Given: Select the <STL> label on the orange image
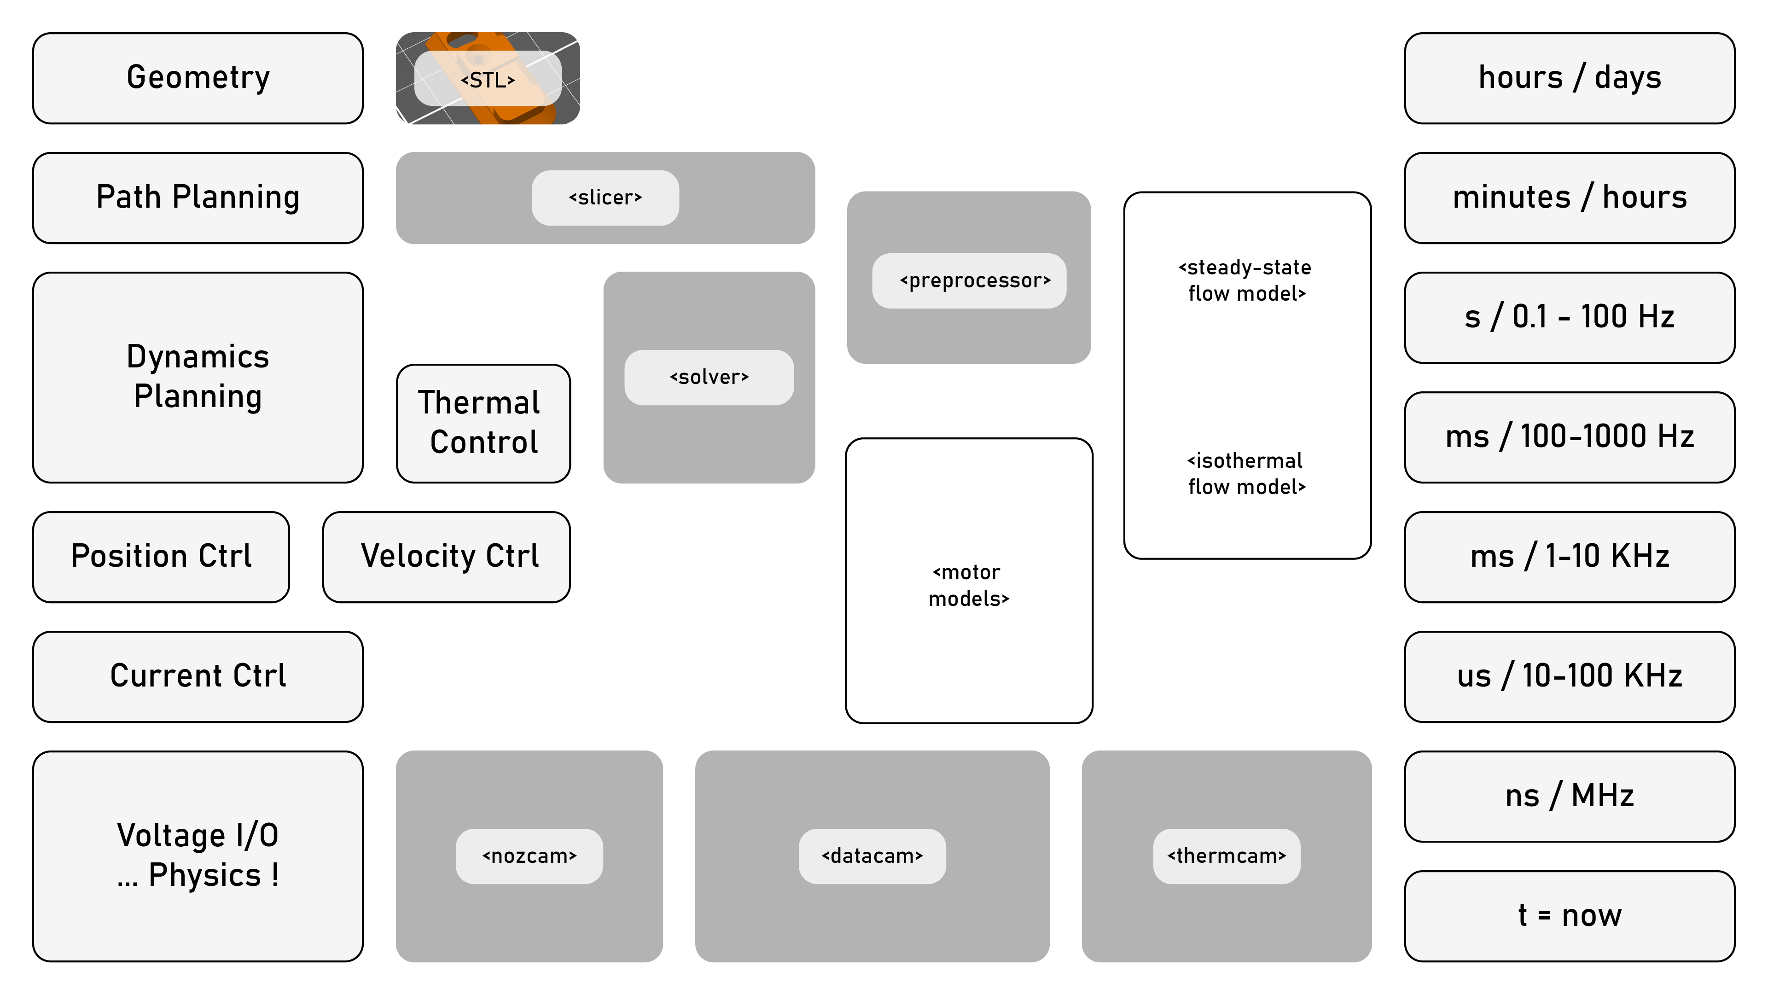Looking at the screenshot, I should [487, 80].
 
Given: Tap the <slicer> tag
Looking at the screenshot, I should [605, 198].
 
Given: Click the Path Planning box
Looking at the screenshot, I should [198, 198].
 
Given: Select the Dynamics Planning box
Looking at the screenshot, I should [198, 378].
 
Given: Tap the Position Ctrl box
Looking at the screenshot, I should [161, 557].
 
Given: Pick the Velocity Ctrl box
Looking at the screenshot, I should [446, 557].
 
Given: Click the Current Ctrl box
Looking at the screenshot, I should [198, 676].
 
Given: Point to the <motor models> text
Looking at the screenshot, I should [968, 585].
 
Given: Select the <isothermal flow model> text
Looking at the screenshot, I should [1246, 473].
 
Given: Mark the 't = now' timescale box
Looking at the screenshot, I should [1569, 916].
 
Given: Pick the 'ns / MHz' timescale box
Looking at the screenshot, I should [1569, 796].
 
